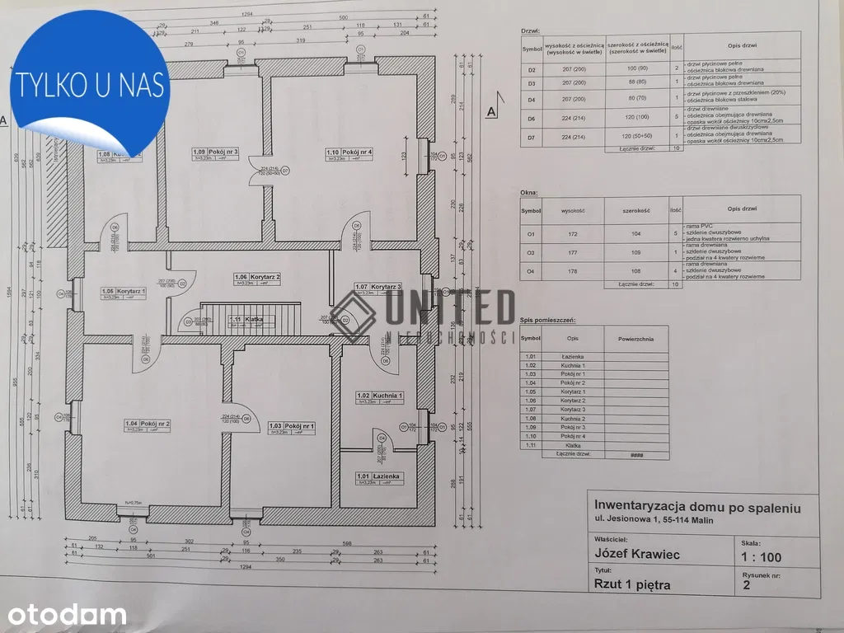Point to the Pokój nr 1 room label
point(293,426)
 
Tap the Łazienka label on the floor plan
point(378,476)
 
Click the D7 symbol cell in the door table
point(532,137)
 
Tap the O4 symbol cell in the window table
point(531,270)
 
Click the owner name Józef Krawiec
point(637,555)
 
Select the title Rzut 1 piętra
point(632,585)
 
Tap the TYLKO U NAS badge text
point(91,85)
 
